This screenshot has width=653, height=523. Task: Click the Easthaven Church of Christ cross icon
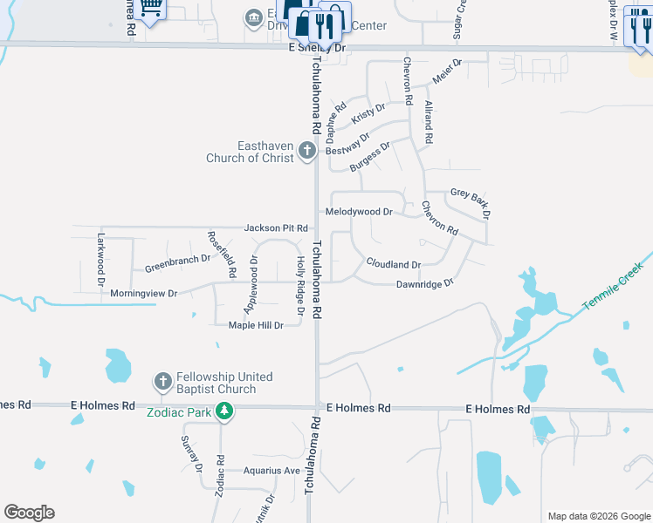pyautogui.click(x=306, y=151)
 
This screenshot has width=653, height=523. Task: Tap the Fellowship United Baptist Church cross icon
pyautogui.click(x=162, y=382)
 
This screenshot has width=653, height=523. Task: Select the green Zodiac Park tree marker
pyautogui.click(x=224, y=411)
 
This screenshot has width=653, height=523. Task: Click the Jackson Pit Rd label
pyautogui.click(x=276, y=228)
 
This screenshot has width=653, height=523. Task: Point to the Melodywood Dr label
pyautogui.click(x=359, y=212)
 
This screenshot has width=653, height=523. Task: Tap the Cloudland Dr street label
pyautogui.click(x=393, y=263)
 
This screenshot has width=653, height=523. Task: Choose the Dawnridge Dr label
pyautogui.click(x=425, y=284)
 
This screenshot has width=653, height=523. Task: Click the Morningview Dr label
pyautogui.click(x=144, y=294)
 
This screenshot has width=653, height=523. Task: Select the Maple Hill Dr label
pyautogui.click(x=256, y=326)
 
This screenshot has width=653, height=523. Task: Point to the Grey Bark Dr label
pyautogui.click(x=471, y=201)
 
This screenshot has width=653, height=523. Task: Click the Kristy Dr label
pyautogui.click(x=368, y=113)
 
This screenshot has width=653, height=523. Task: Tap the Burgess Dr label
pyautogui.click(x=369, y=158)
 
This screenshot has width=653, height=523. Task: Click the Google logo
pyautogui.click(x=30, y=513)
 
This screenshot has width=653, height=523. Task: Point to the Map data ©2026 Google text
pyautogui.click(x=598, y=516)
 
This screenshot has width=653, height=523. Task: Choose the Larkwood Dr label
pyautogui.click(x=101, y=260)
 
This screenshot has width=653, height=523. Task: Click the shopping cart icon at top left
pyautogui.click(x=150, y=9)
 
